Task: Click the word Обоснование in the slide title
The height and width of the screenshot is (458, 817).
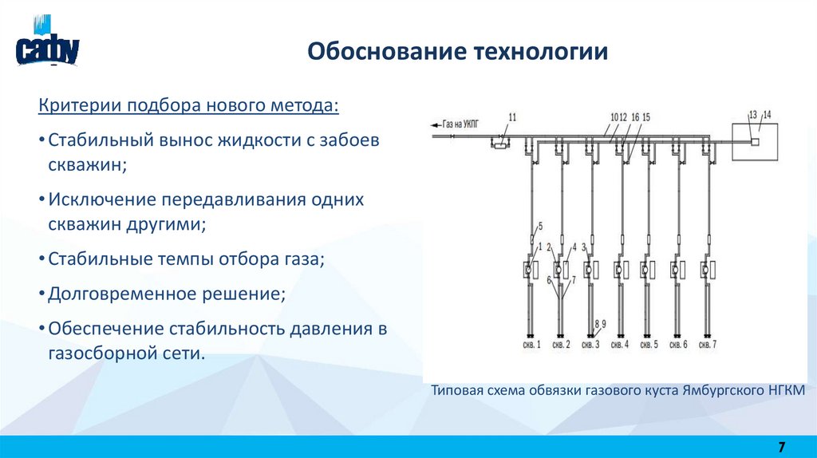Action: coord(369,52)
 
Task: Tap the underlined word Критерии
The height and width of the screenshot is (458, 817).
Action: coord(72,106)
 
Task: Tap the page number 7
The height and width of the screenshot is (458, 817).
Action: coord(781,445)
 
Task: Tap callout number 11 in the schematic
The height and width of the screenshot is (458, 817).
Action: coord(512,118)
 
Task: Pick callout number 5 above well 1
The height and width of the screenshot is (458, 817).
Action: coord(540,226)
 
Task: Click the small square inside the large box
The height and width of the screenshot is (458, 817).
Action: coord(754,140)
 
